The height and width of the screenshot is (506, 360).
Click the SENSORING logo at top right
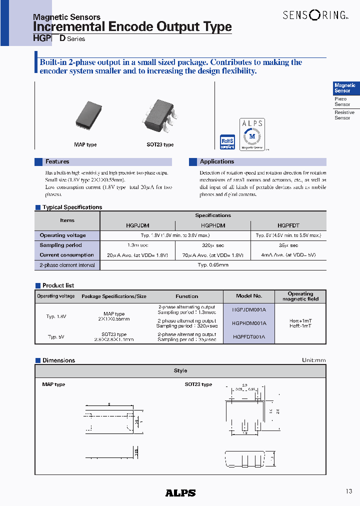(x=314, y=15)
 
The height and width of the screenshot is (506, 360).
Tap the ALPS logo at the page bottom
(x=180, y=492)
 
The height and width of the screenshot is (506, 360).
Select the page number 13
(x=348, y=491)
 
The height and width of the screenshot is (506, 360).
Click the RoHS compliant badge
(x=227, y=142)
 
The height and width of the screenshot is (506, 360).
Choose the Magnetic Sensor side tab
(x=345, y=88)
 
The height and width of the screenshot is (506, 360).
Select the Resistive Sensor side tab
(x=344, y=115)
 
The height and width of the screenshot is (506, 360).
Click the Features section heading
(x=57, y=162)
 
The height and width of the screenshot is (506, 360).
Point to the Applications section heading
(x=216, y=162)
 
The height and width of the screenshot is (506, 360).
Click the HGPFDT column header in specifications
(x=288, y=225)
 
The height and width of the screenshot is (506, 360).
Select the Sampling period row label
(x=60, y=245)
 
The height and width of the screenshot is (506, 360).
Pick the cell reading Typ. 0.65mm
(x=213, y=265)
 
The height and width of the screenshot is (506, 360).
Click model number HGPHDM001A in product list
(x=249, y=323)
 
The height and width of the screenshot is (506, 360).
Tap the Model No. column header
(x=249, y=296)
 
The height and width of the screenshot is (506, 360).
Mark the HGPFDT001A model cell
(x=249, y=337)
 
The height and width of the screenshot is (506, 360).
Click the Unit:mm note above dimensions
(x=313, y=360)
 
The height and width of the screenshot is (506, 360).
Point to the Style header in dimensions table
(x=180, y=370)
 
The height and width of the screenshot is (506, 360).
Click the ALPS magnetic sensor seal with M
(x=252, y=134)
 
